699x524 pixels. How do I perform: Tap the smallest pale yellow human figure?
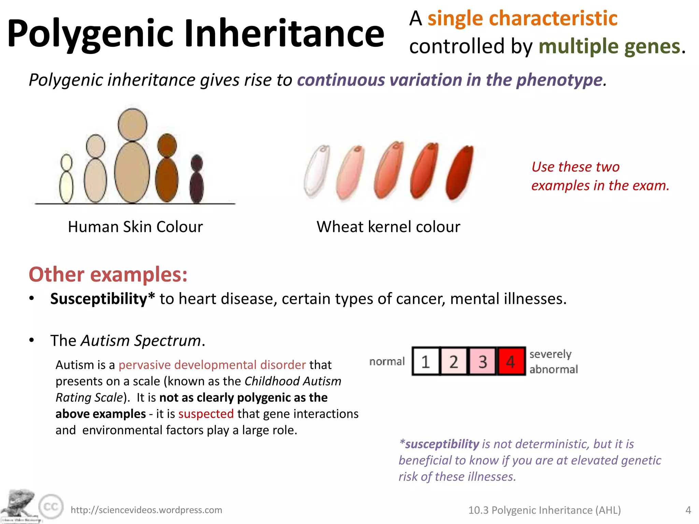pyautogui.click(x=66, y=179)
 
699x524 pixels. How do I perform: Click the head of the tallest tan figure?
pyautogui.click(x=132, y=125)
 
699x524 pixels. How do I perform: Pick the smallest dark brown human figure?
pyautogui.click(x=197, y=179)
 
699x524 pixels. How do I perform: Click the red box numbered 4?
pyautogui.click(x=511, y=361)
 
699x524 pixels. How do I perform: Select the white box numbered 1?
pyautogui.click(x=426, y=361)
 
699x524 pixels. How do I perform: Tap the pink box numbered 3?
pyautogui.click(x=482, y=361)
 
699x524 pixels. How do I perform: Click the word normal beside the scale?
pyautogui.click(x=387, y=361)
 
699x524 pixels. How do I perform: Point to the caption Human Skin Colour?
pyautogui.click(x=135, y=227)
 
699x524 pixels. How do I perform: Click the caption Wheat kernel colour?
pyautogui.click(x=388, y=227)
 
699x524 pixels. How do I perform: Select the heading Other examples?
pyautogui.click(x=108, y=274)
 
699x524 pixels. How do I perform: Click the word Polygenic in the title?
pyautogui.click(x=90, y=33)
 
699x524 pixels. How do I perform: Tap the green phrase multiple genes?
pyautogui.click(x=609, y=46)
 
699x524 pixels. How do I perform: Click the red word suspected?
pyautogui.click(x=206, y=414)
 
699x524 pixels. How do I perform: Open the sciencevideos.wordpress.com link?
pyautogui.click(x=146, y=510)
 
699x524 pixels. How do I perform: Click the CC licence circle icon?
pyautogui.click(x=51, y=507)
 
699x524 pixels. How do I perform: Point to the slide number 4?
pyautogui.click(x=688, y=510)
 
